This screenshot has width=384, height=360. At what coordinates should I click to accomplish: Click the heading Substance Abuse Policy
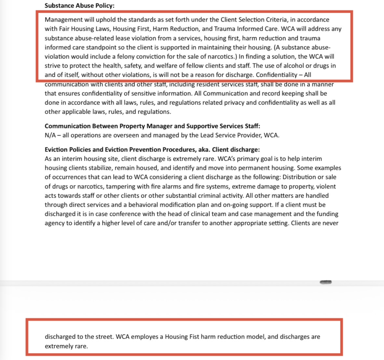[x=79, y=6]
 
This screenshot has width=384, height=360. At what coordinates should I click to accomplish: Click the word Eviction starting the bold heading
[x=56, y=149]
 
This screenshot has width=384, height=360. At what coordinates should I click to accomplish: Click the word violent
[x=327, y=186]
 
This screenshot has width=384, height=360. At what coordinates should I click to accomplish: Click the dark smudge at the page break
[x=325, y=281]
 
